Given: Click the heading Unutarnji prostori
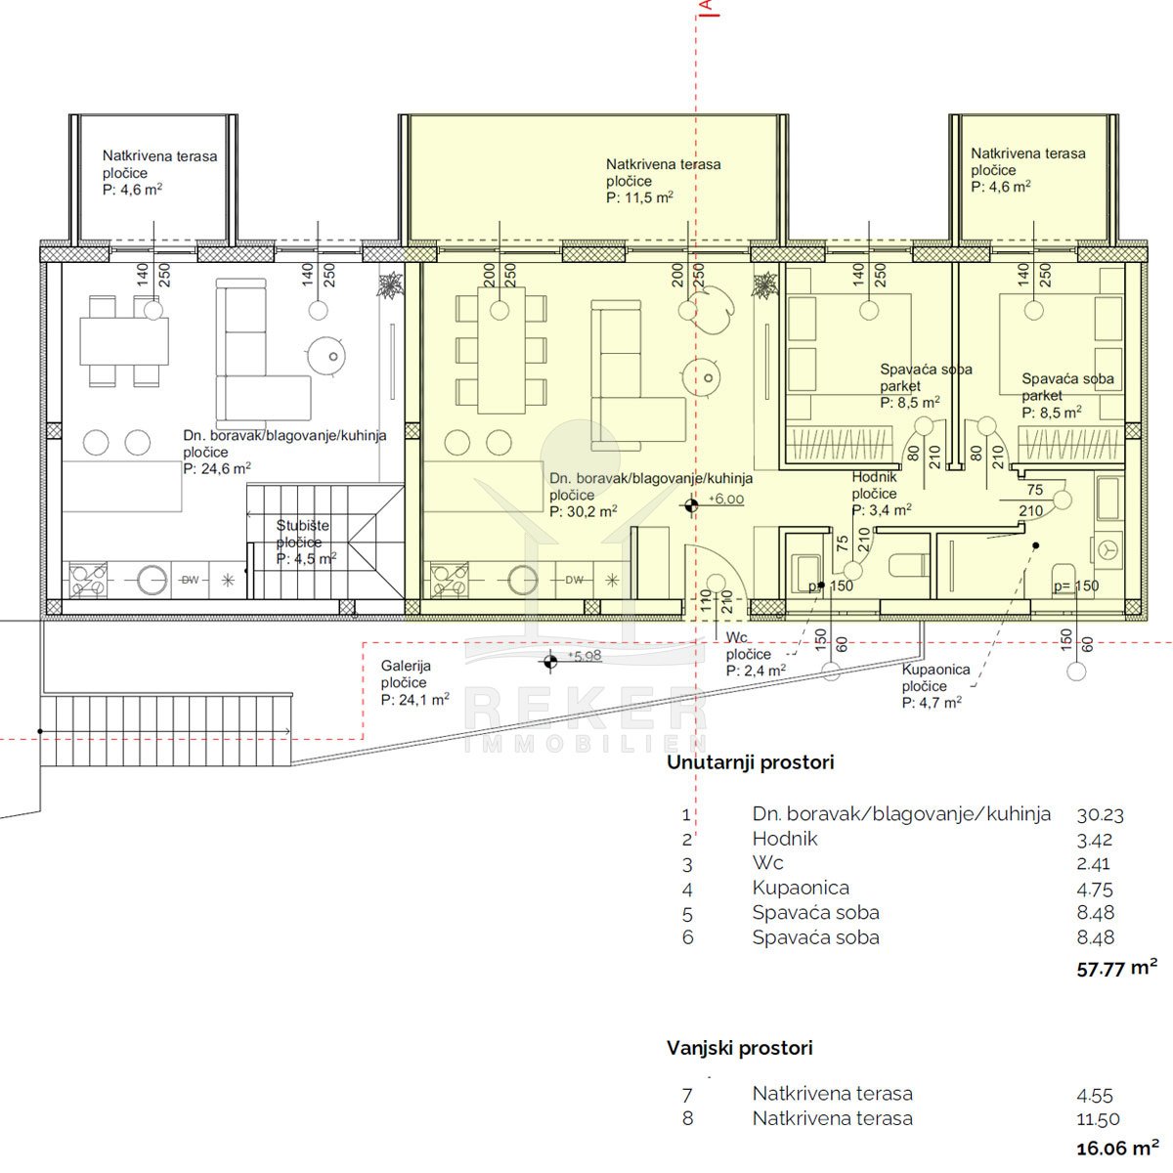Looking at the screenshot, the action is tap(750, 762).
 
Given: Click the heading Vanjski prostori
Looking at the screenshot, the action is tap(740, 1048).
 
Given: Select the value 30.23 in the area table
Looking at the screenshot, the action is tap(1100, 815).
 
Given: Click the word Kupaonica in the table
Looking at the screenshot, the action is tap(801, 888).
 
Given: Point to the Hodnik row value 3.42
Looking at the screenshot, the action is tap(1094, 840).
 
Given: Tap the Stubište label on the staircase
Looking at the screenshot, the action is tap(302, 525).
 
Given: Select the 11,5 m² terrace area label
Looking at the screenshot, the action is tap(639, 197).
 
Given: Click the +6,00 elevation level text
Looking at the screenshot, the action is tap(726, 500).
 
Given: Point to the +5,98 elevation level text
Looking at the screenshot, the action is tap(585, 656).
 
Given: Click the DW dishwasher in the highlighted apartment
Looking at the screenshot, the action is tap(574, 580).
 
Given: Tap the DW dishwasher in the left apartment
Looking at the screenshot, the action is tap(191, 580).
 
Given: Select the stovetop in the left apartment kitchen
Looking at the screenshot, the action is tap(88, 580).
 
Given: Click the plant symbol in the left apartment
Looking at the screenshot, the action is tap(390, 284).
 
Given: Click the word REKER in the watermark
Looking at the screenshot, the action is tap(586, 708).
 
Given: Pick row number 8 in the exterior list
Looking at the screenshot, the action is tap(688, 1119).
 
